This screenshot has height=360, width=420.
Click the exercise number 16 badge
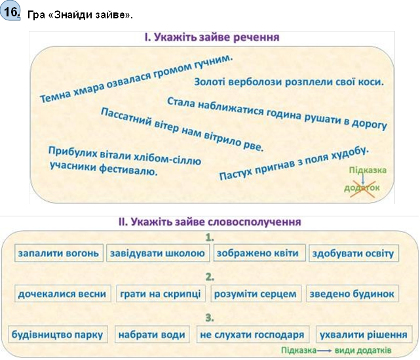coord(10,12)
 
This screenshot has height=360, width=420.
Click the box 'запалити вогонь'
coord(59,252)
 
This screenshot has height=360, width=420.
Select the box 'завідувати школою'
coord(158,252)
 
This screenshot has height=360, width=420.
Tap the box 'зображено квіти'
coord(259,252)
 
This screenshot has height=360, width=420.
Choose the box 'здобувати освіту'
coord(354,253)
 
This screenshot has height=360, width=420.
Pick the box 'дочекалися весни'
coord(63,294)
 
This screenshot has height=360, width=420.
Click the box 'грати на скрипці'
coord(161,294)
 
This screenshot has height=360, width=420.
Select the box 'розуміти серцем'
coord(256,294)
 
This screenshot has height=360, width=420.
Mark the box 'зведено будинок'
coord(353,294)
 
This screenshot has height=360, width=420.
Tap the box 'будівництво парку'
coord(58,334)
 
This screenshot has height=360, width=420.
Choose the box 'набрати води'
coord(152,334)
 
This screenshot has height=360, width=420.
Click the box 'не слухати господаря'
coord(252,334)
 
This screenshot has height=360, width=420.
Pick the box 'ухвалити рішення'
coord(364,334)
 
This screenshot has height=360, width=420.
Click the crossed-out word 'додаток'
coord(362,188)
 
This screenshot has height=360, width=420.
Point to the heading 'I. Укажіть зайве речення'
coord(212,37)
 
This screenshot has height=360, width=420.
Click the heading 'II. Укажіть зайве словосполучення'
coord(210,222)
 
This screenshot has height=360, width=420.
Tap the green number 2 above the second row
coord(210,277)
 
